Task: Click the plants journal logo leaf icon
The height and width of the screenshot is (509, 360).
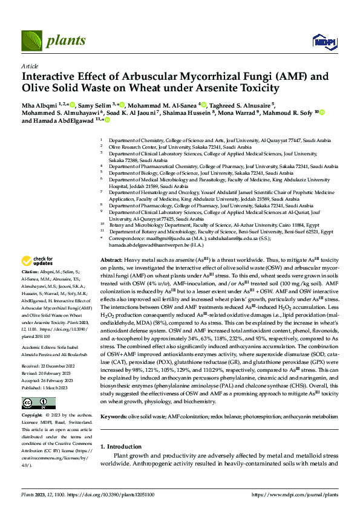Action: (x=31, y=41)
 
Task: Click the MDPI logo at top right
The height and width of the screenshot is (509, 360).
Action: (x=323, y=40)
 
